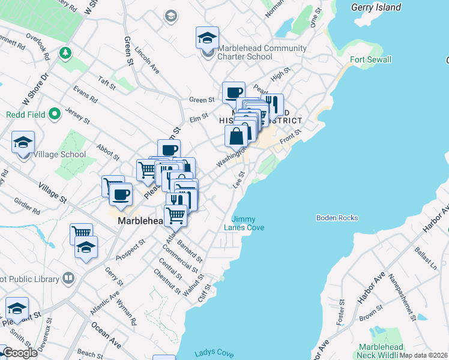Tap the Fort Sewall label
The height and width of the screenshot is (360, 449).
click(x=371, y=59)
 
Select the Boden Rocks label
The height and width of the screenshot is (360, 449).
click(x=337, y=218)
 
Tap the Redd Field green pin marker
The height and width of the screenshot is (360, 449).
click(x=55, y=113)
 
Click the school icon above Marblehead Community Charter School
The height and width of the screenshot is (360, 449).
click(x=207, y=38)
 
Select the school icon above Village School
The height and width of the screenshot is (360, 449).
click(x=23, y=143)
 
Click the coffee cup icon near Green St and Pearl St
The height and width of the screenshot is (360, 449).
click(x=234, y=93)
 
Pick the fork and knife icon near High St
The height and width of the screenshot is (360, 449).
click(x=273, y=104)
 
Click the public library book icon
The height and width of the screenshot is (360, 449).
click(x=68, y=279)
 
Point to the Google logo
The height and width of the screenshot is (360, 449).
click(x=19, y=353)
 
